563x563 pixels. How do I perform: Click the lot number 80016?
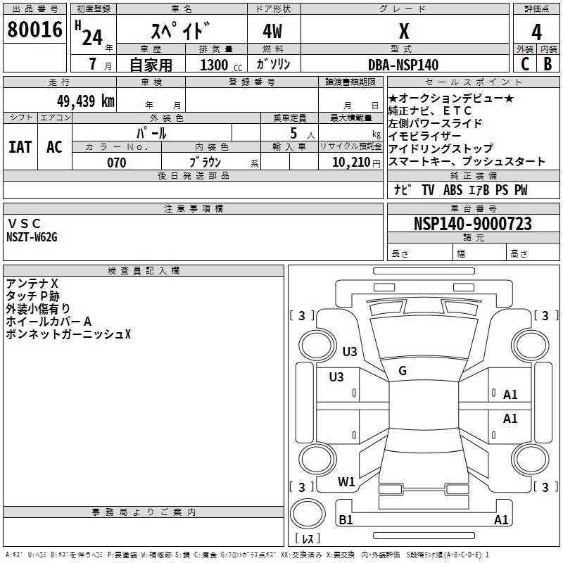point(35,30)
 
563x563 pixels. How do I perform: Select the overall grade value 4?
point(536,32)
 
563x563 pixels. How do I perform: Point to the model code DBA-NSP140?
point(403,65)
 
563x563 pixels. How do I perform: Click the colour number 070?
point(116,163)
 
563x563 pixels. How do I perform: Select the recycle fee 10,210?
point(350,163)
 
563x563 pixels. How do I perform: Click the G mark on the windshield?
point(402,371)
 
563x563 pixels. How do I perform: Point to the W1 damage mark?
point(346,482)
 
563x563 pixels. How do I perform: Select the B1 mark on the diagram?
point(346,520)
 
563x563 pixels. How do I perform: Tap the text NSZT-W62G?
point(32,237)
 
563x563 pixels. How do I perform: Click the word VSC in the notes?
point(25,224)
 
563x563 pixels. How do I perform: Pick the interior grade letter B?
point(548,64)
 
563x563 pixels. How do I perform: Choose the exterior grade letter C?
point(524,64)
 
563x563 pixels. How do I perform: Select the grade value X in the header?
point(403,32)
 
